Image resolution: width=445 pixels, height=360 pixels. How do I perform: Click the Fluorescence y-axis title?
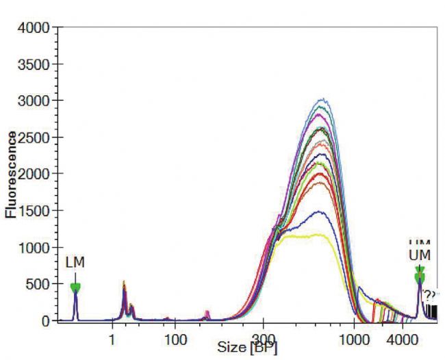pos(11,175)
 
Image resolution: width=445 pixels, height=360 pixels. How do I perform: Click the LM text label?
pos(75,262)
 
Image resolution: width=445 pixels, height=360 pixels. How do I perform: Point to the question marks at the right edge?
pos(429,295)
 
